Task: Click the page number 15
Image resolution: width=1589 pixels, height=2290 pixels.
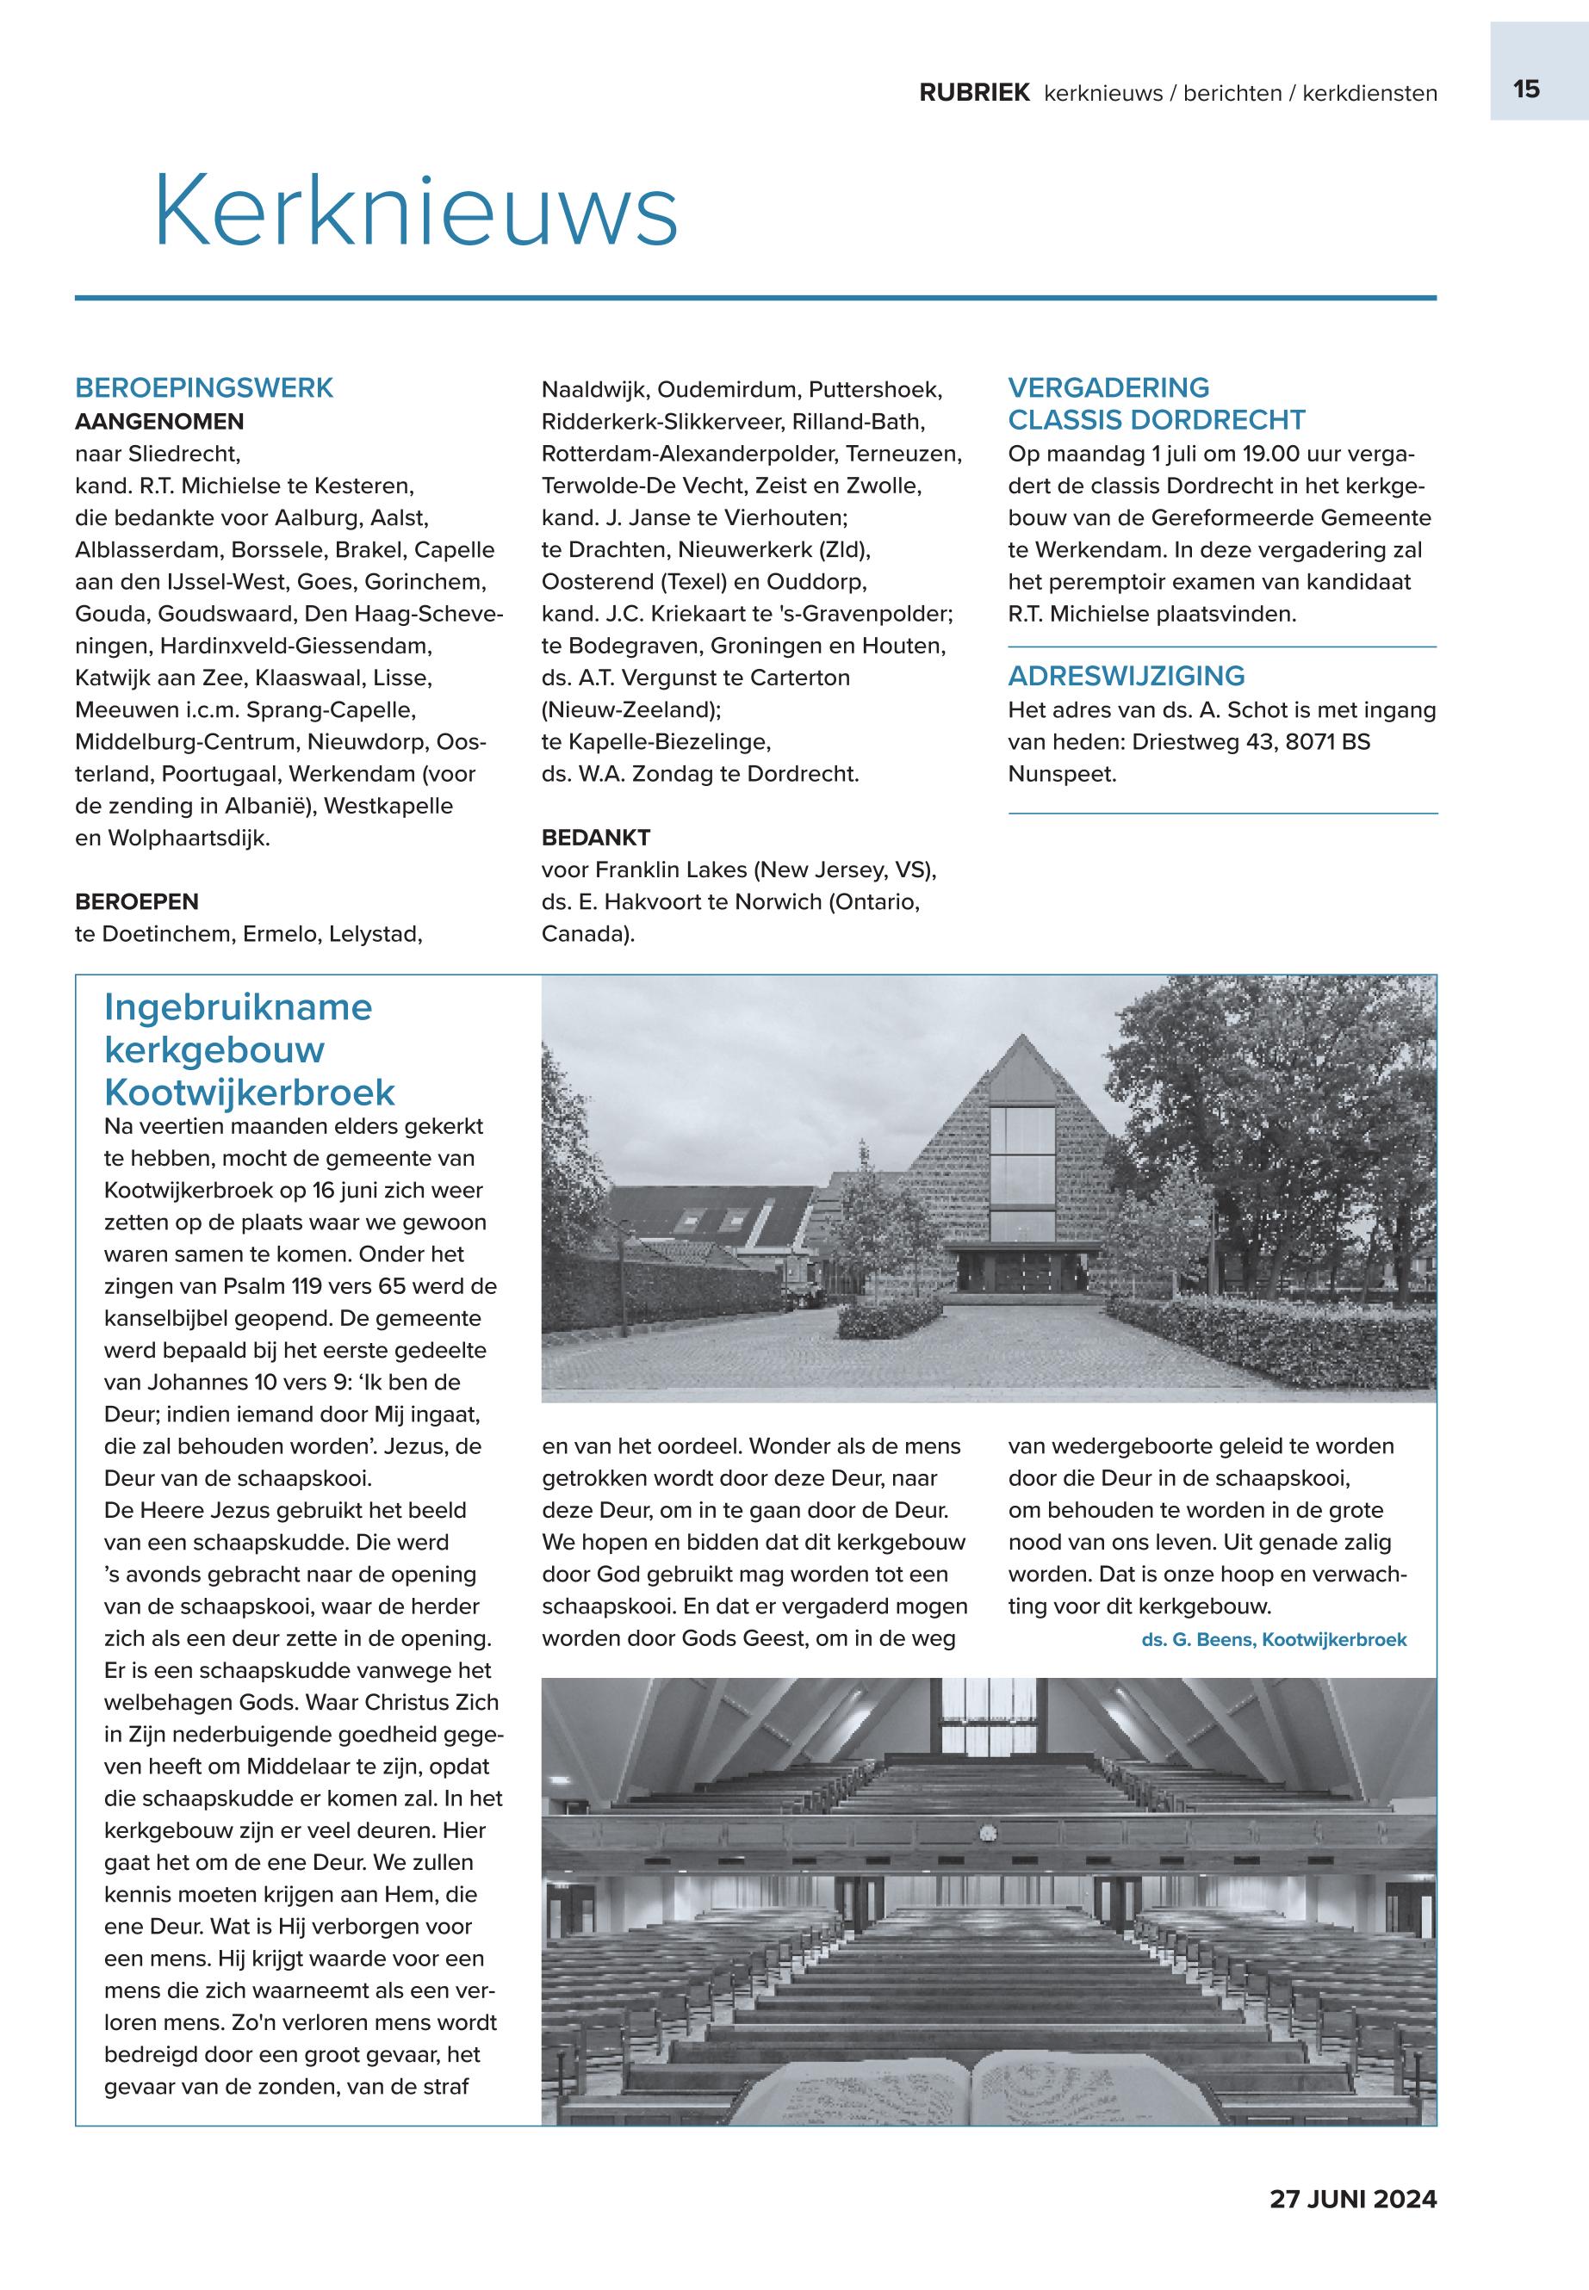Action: (x=1525, y=90)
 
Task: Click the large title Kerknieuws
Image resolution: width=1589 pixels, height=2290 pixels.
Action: (x=416, y=212)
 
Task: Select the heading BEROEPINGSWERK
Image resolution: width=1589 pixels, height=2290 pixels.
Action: (x=204, y=388)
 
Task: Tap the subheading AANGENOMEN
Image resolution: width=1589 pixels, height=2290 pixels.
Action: (x=159, y=421)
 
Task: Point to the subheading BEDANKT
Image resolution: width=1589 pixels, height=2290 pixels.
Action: (x=595, y=837)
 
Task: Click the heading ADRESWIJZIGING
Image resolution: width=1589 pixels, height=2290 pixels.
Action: (x=1126, y=677)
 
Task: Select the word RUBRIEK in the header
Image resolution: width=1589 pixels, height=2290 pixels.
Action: (x=974, y=94)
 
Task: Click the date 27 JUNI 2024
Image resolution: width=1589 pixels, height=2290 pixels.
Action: (x=1352, y=2199)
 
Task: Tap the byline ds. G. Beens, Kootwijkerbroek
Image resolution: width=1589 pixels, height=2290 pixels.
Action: (x=1274, y=1639)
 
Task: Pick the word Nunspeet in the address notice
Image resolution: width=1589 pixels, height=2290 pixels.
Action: (x=1061, y=773)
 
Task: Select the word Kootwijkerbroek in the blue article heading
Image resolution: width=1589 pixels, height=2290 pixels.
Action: (x=249, y=1092)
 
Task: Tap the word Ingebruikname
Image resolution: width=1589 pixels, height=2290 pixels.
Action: (x=238, y=1007)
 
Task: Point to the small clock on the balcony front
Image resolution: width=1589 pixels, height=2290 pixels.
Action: (x=987, y=1832)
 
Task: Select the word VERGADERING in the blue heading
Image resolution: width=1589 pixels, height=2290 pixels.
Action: (x=1108, y=388)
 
